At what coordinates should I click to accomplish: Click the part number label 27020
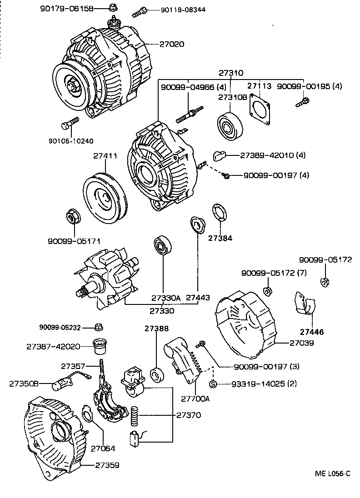click(x=171, y=44)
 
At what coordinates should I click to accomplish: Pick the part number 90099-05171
click(x=74, y=241)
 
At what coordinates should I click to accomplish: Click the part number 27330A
click(x=165, y=298)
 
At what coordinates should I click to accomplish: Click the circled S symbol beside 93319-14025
click(x=213, y=384)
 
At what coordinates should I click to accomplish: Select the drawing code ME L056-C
click(x=333, y=473)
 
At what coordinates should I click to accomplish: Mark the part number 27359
click(x=107, y=465)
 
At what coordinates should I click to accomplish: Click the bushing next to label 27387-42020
click(x=99, y=346)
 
